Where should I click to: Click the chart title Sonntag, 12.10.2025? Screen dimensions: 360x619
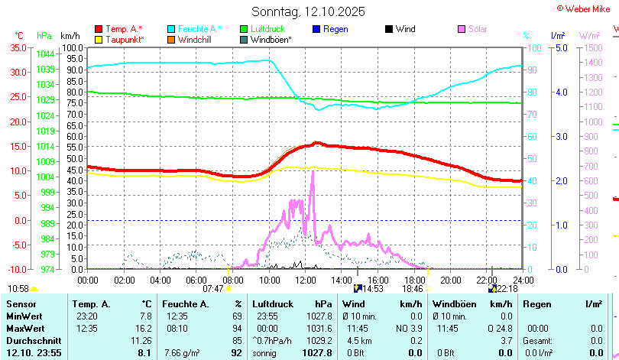coord(309,11)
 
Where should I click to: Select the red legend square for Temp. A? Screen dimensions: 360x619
coord(99,29)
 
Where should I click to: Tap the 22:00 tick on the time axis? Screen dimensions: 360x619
coord(487,278)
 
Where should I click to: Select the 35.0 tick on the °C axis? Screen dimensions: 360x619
coord(18,47)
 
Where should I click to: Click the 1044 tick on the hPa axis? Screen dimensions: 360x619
coord(44,54)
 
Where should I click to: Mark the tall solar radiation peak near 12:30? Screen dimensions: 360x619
coord(313,173)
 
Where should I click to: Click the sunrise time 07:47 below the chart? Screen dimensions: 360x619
coord(213,289)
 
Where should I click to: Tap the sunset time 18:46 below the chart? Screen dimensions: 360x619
coord(413,289)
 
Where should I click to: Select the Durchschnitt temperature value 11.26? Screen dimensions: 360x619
coord(141,340)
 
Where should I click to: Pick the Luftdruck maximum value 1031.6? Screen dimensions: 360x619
coord(319,328)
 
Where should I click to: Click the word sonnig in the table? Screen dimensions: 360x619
coord(266,352)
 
